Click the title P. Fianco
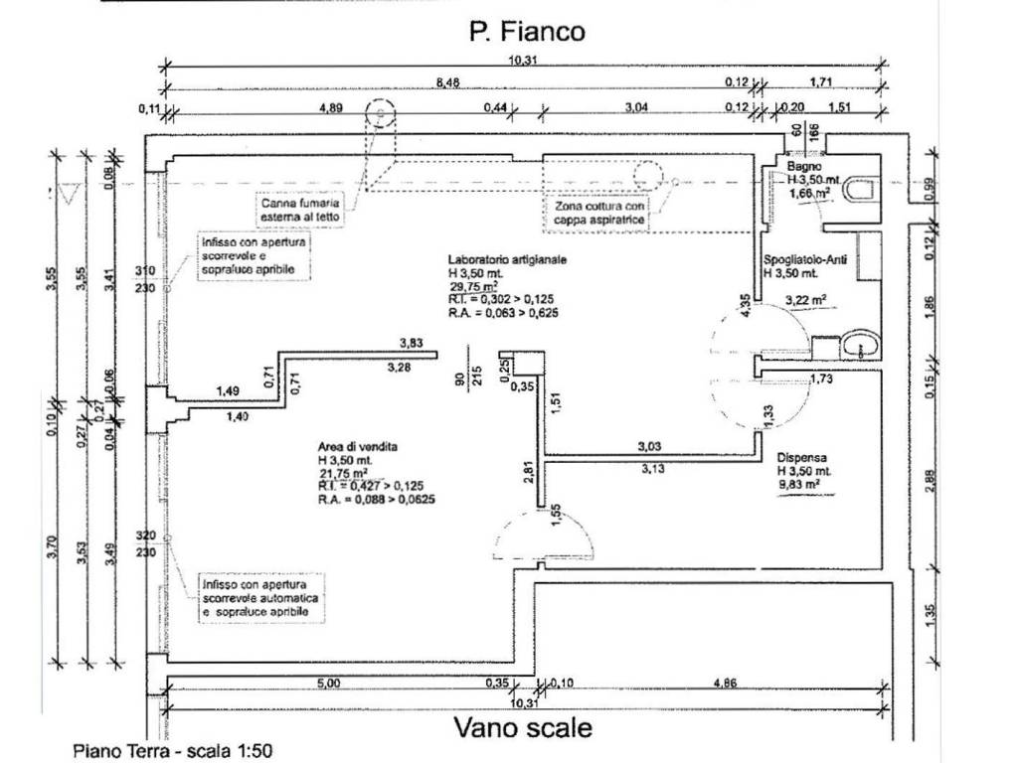pyautogui.click(x=527, y=32)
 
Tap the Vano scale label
pyautogui.click(x=523, y=728)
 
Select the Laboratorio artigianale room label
pyautogui.click(x=507, y=258)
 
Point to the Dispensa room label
pyautogui.click(x=804, y=458)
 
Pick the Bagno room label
pyautogui.click(x=804, y=167)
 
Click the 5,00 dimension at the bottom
pyautogui.click(x=328, y=683)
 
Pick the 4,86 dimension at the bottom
pyautogui.click(x=728, y=683)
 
